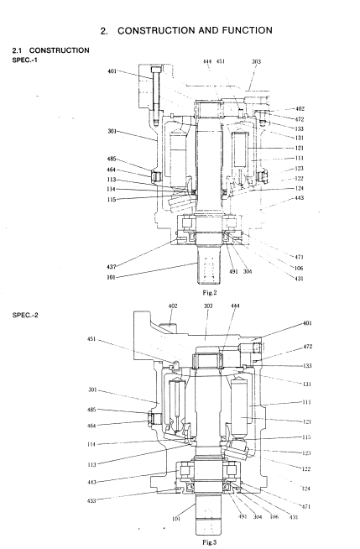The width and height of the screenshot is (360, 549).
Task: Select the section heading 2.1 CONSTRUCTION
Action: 50,50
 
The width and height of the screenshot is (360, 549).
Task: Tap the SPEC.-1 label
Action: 25,60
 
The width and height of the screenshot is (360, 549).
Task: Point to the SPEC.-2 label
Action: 25,315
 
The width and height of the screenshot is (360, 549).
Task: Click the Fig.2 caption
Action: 210,293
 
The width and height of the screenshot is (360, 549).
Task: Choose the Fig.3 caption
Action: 210,542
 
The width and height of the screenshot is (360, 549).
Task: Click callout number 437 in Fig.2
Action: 112,267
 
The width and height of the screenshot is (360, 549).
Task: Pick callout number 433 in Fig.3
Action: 91,500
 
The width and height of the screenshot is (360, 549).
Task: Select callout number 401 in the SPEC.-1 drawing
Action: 112,71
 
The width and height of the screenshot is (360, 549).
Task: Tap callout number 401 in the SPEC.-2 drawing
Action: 307,323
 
